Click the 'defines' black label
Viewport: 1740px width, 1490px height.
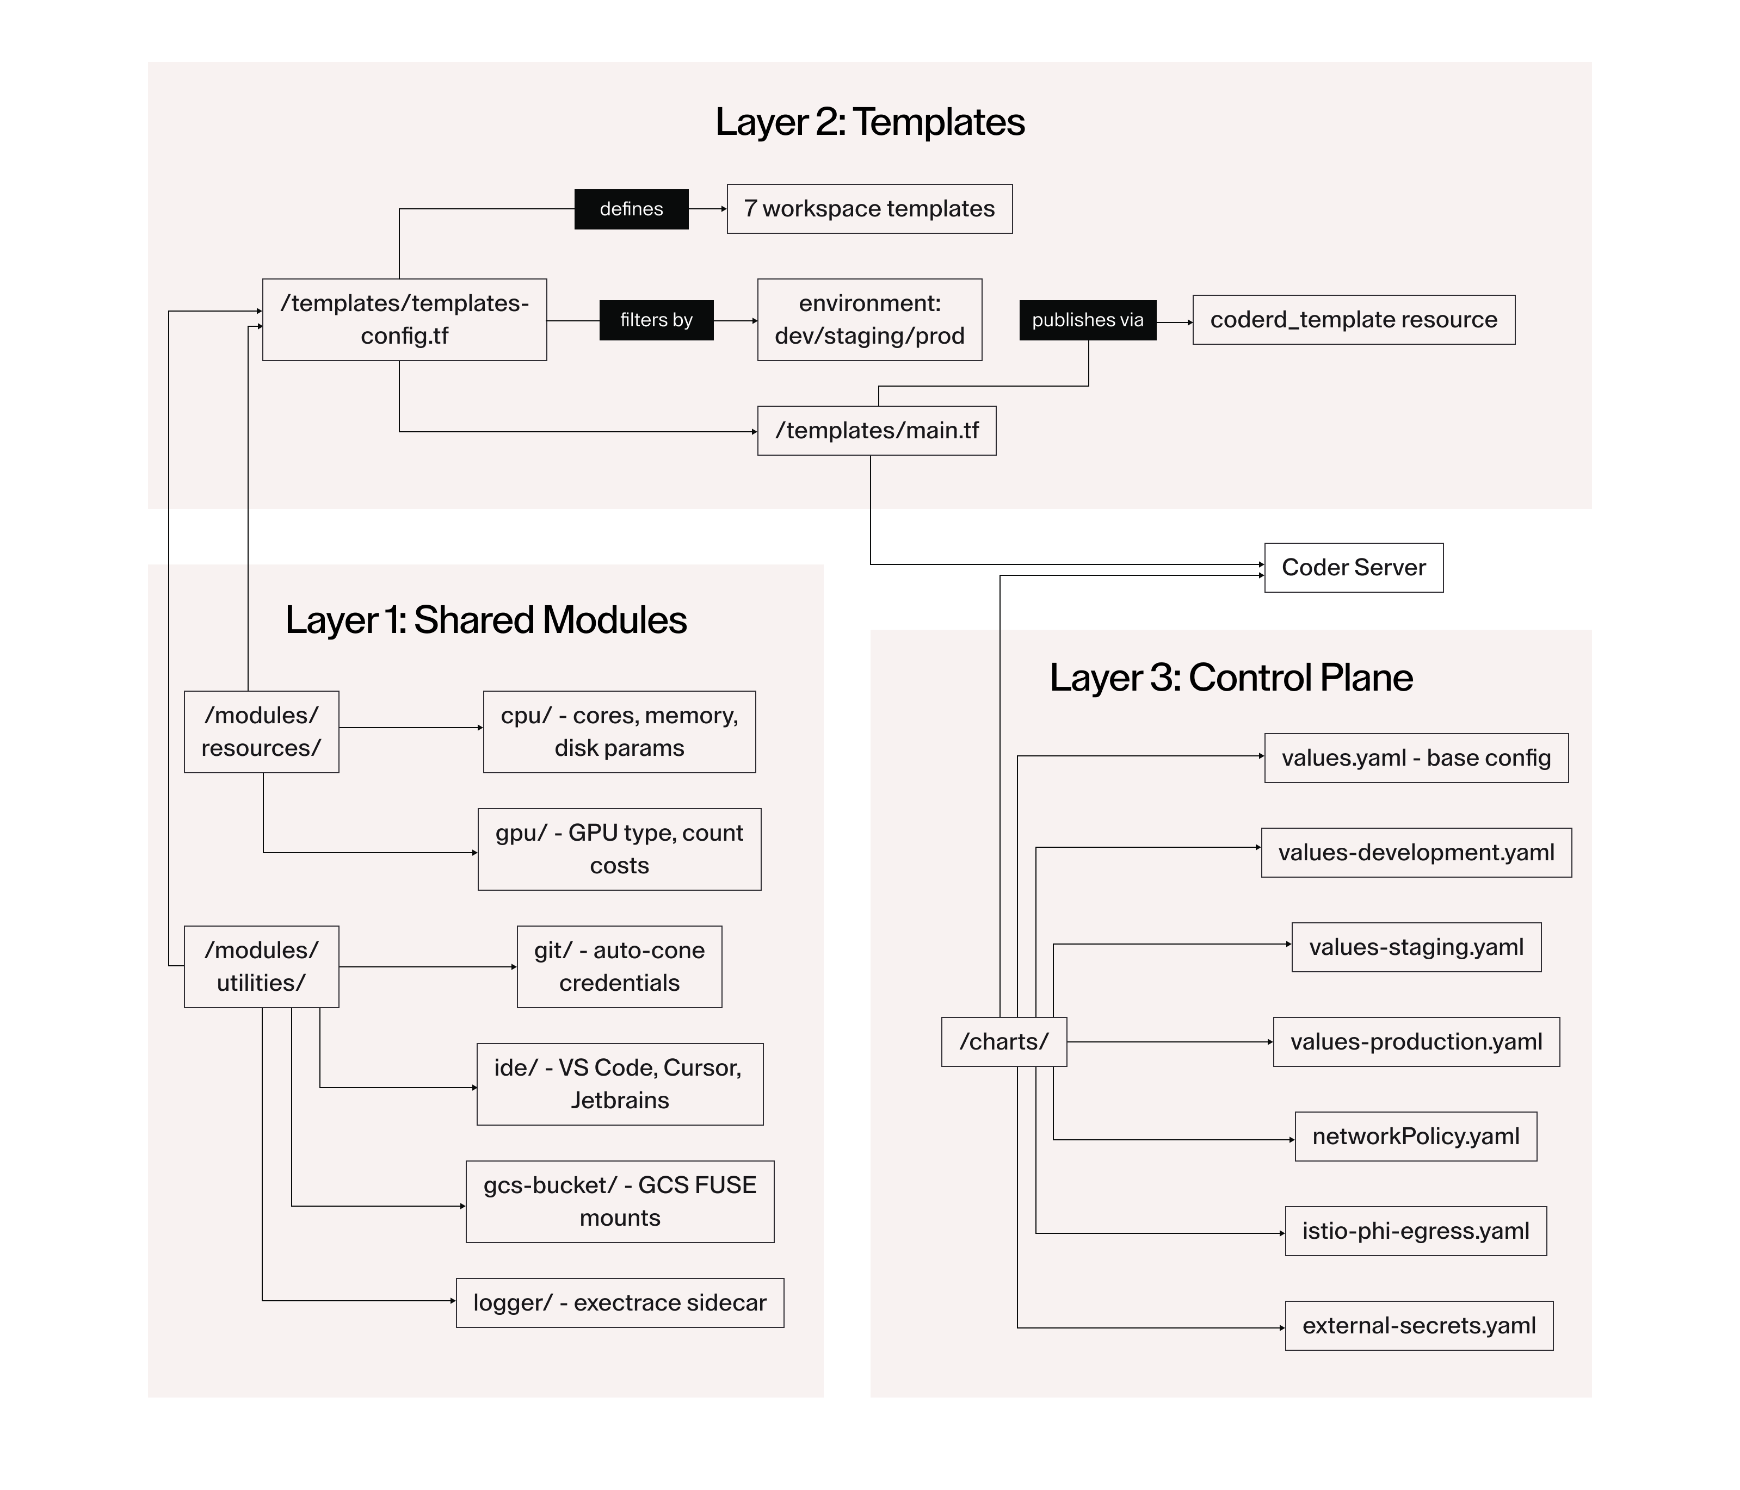(631, 209)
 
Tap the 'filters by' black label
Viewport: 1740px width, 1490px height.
(656, 320)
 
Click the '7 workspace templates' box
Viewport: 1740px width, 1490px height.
(869, 209)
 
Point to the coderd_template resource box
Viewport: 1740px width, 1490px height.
(1353, 320)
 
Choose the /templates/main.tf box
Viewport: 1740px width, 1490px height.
(876, 431)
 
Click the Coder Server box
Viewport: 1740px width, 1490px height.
(1353, 568)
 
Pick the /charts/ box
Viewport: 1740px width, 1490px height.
(1003, 1042)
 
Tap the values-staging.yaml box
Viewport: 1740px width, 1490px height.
(1416, 947)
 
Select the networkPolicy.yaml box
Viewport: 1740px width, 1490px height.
(1415, 1137)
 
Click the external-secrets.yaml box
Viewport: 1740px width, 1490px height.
(1418, 1325)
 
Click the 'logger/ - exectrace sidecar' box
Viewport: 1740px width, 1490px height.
(620, 1303)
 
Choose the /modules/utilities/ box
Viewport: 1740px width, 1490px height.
(261, 966)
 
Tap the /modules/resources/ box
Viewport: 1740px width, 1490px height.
(261, 731)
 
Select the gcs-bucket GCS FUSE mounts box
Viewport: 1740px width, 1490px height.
(620, 1201)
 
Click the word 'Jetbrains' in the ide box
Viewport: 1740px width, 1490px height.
(620, 1101)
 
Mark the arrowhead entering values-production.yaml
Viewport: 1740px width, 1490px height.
(1270, 1042)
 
